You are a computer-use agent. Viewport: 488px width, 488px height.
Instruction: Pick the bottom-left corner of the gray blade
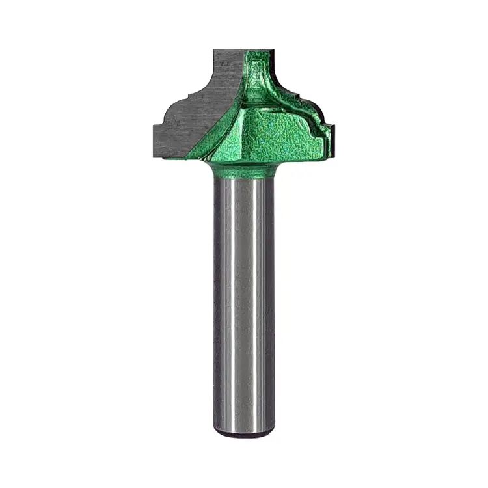coord(155,157)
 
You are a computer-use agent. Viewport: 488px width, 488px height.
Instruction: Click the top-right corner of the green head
coord(273,51)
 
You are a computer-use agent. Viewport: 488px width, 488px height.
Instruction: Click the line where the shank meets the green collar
coord(244,178)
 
